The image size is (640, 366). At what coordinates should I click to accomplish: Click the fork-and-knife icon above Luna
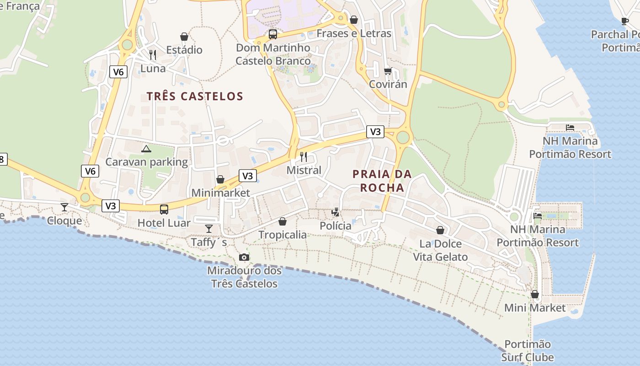(x=153, y=55)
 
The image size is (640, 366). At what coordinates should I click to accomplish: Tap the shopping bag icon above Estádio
(x=184, y=37)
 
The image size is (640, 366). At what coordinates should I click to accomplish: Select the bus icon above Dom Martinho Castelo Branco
(x=273, y=34)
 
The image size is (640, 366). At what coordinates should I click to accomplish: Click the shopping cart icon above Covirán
(x=388, y=71)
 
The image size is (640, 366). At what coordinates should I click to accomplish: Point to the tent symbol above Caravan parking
(x=146, y=149)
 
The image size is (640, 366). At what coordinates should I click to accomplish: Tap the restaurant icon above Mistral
(x=304, y=157)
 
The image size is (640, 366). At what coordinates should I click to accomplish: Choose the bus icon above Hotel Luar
(x=164, y=210)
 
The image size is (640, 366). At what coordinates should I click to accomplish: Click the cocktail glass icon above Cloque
(x=64, y=207)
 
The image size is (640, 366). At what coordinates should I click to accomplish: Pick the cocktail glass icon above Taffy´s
(x=209, y=228)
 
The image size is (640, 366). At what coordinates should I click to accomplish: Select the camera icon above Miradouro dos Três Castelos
(x=244, y=257)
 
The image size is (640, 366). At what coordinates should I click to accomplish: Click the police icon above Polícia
(x=336, y=212)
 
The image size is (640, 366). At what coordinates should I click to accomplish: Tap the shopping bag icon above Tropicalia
(x=283, y=221)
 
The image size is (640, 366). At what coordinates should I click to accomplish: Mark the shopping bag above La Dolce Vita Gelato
(x=440, y=230)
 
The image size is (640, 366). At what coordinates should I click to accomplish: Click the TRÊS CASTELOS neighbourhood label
(x=195, y=96)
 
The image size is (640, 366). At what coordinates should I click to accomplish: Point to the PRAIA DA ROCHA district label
(x=382, y=181)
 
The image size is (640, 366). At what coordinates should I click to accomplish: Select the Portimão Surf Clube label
(x=528, y=350)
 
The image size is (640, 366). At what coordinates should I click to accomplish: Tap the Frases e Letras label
(x=354, y=33)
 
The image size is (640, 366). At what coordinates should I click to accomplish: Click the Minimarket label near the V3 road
(x=220, y=193)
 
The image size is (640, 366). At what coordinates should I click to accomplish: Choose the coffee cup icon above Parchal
(x=625, y=21)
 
